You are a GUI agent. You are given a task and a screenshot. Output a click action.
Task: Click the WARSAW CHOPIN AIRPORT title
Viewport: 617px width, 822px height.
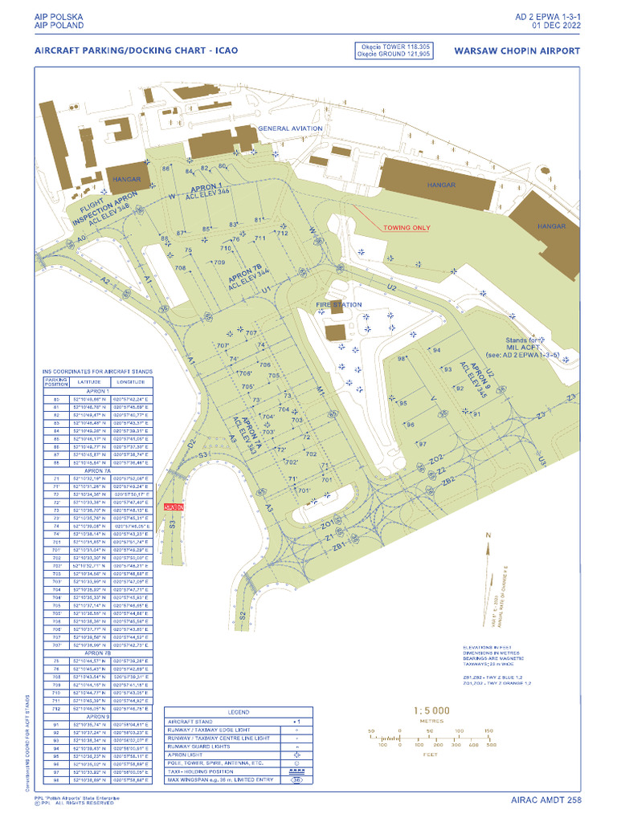[x=517, y=50]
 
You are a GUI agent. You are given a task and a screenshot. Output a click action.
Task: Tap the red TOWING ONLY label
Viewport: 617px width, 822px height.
[x=406, y=227]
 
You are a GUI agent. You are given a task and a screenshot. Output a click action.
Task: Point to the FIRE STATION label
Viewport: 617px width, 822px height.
[x=338, y=305]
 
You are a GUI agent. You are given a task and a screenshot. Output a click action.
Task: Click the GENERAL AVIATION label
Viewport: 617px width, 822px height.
[x=290, y=128]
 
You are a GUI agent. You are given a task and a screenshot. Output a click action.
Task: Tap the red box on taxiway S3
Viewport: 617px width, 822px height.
[x=174, y=507]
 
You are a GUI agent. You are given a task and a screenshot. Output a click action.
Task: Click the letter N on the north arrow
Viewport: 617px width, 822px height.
[x=487, y=535]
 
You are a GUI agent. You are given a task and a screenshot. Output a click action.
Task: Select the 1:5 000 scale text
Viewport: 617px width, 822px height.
[x=431, y=710]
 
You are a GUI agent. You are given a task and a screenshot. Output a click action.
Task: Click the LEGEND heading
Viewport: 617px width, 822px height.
[x=238, y=712]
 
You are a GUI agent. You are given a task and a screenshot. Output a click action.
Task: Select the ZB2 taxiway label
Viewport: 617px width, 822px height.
[x=448, y=479]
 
